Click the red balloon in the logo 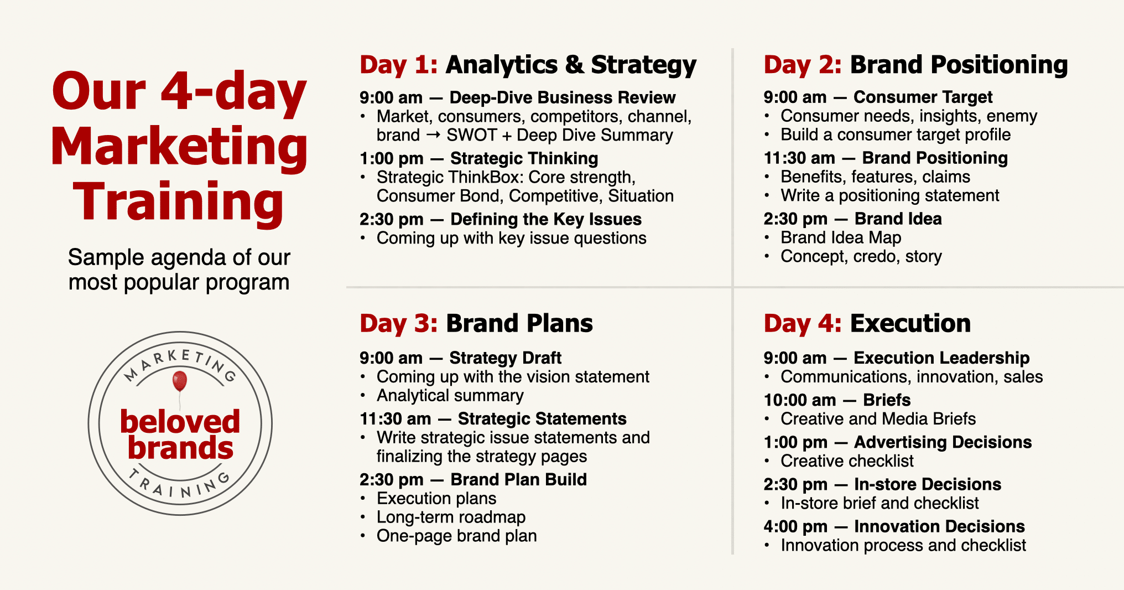click(180, 381)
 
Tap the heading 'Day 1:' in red click(399, 65)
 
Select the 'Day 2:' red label click(803, 65)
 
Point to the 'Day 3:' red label click(399, 323)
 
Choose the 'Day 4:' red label click(803, 323)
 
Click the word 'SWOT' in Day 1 click(472, 135)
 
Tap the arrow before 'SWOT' click(434, 135)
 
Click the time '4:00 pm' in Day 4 click(795, 526)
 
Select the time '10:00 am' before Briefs click(800, 400)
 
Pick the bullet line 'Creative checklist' click(847, 461)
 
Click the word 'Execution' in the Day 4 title click(910, 323)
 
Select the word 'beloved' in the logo click(180, 422)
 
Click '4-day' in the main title click(233, 92)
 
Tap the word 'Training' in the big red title click(178, 203)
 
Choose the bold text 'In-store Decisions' click(928, 484)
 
